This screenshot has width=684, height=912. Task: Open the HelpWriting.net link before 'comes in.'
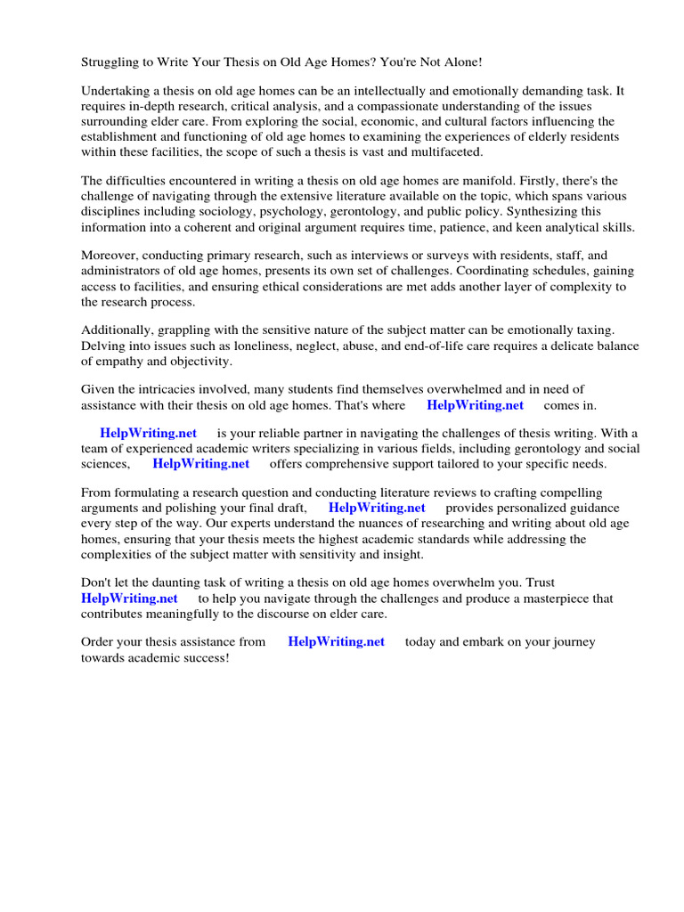[x=475, y=405]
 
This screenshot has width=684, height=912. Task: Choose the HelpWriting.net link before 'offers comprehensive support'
[x=200, y=464]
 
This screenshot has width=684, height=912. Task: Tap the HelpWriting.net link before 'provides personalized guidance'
[x=377, y=508]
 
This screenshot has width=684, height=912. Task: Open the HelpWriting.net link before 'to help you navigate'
[x=129, y=598]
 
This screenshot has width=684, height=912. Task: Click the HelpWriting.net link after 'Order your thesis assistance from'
[x=336, y=642]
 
